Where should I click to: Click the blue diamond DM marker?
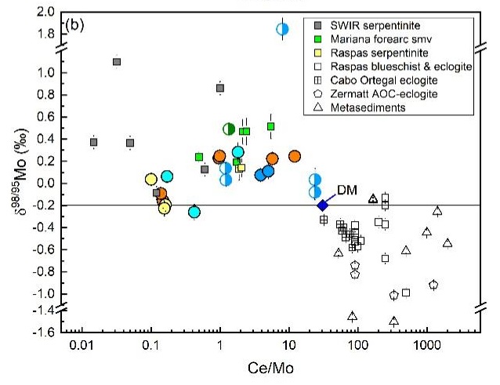point(322,205)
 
